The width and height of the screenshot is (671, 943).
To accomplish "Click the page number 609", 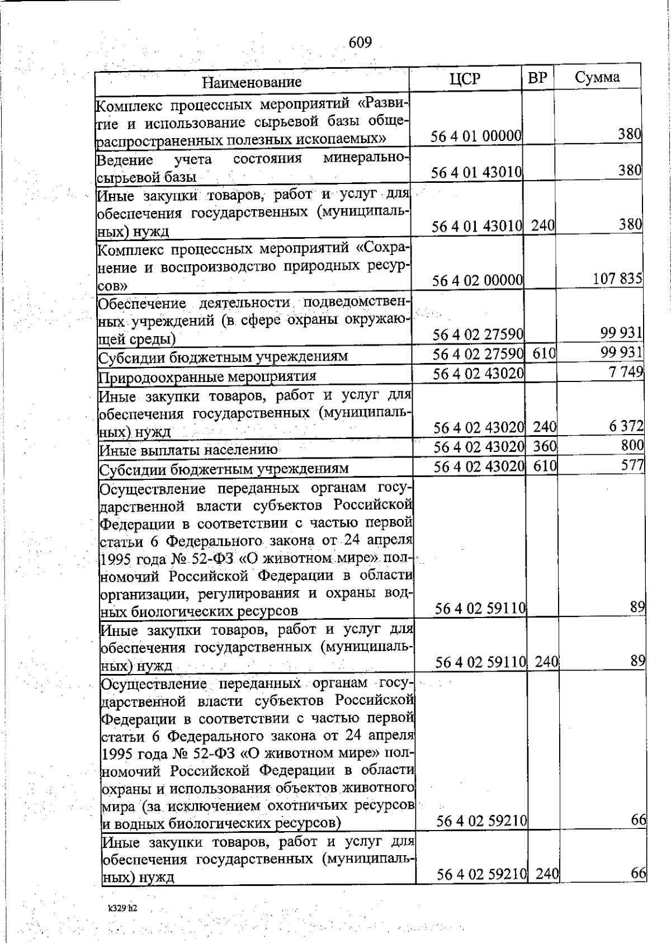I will [360, 43].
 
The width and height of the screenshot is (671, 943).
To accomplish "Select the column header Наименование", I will [252, 82].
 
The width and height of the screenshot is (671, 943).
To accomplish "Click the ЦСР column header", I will [465, 79].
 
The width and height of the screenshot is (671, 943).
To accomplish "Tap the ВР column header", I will [537, 78].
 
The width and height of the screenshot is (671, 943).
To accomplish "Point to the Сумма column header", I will [597, 77].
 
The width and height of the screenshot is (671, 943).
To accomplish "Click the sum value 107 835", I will [617, 278].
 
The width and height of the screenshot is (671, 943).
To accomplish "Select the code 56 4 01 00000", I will [476, 136].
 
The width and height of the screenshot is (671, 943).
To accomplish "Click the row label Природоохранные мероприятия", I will [207, 376].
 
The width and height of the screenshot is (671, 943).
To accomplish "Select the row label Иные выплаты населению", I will [188, 450].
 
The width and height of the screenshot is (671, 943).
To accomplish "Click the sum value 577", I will [633, 464].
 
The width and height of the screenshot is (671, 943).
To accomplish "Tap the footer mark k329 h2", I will [122, 908].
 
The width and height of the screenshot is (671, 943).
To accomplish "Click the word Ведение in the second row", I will [125, 161].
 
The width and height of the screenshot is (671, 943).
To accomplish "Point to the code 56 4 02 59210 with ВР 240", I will [481, 874].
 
